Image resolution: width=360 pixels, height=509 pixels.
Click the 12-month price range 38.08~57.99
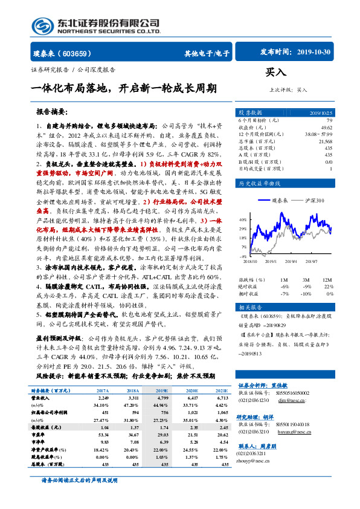coord(318,134)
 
